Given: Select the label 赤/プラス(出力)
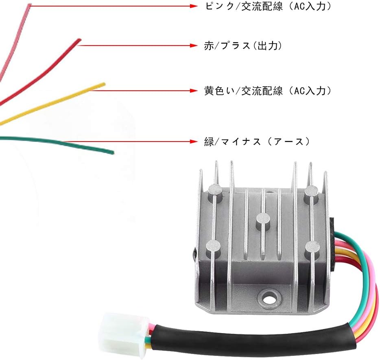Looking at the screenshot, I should [x=243, y=46].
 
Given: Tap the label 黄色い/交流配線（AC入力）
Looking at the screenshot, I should [x=267, y=91].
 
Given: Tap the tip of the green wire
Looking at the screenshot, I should [x=112, y=153].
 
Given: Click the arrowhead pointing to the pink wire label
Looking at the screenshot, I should [x=194, y=7].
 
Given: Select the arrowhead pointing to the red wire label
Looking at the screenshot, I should [x=194, y=46].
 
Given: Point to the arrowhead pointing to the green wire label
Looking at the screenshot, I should [x=194, y=142].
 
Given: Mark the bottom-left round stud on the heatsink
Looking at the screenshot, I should [x=213, y=245].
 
